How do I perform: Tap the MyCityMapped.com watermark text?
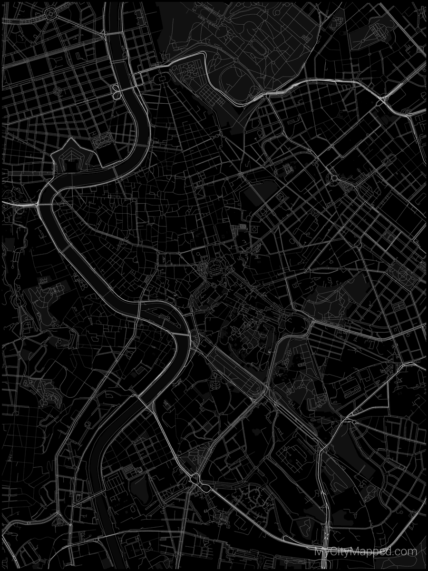(366, 552)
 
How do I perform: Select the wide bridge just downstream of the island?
(181, 335)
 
